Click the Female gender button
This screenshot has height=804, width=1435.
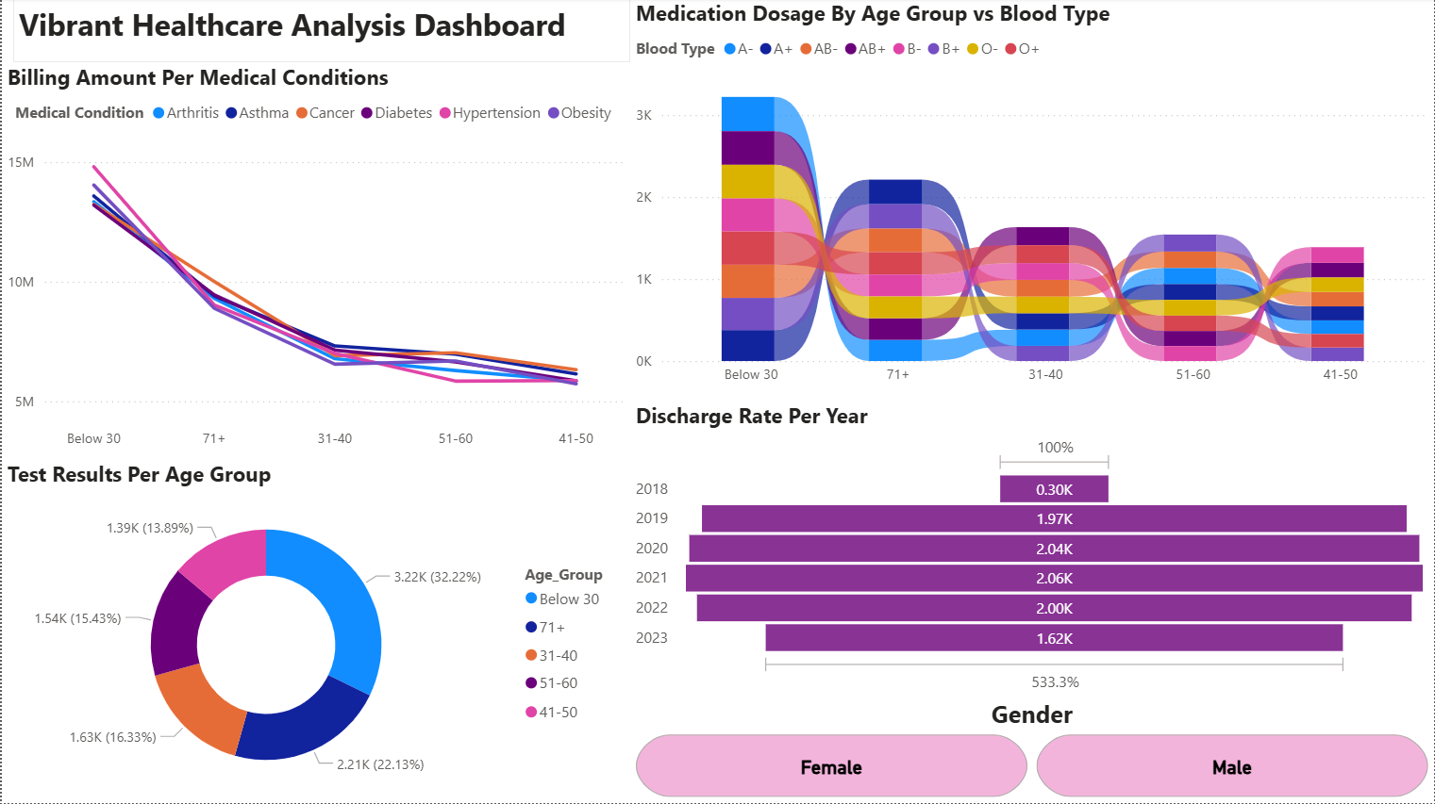pyautogui.click(x=830, y=767)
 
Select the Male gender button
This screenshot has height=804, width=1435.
pyautogui.click(x=1231, y=767)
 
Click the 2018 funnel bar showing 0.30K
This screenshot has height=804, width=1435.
pyautogui.click(x=1054, y=489)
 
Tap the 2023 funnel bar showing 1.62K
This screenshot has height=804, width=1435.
pyautogui.click(x=1054, y=638)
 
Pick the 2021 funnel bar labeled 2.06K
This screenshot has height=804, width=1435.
pyautogui.click(x=1054, y=578)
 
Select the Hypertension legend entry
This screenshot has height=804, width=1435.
pyautogui.click(x=495, y=113)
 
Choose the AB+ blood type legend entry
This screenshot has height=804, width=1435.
pyautogui.click(x=871, y=49)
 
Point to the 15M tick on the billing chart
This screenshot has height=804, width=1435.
pyautogui.click(x=21, y=162)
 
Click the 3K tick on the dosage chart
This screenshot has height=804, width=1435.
pyautogui.click(x=643, y=115)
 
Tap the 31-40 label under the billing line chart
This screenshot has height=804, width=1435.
pyautogui.click(x=335, y=438)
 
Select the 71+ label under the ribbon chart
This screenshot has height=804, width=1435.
pyautogui.click(x=897, y=374)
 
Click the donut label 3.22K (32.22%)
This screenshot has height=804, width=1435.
pyautogui.click(x=437, y=577)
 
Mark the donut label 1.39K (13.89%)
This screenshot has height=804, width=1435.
pyautogui.click(x=150, y=528)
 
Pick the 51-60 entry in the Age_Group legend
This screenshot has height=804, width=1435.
pyautogui.click(x=558, y=683)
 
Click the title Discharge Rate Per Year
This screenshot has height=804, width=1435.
pyautogui.click(x=751, y=417)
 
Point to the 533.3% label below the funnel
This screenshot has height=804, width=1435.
pyautogui.click(x=1055, y=681)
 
